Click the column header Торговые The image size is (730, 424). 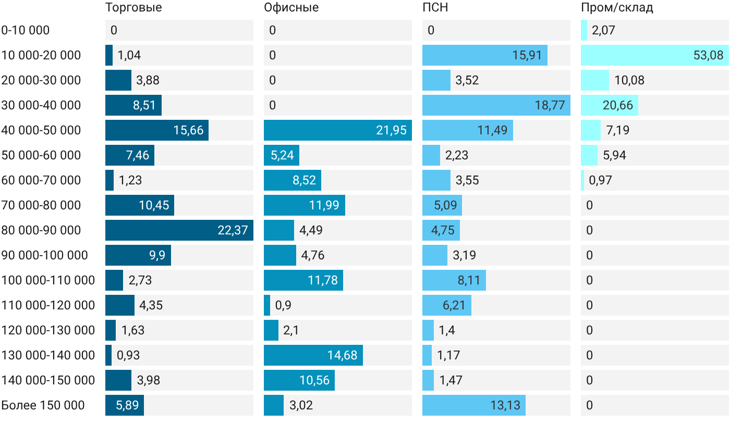(133, 7)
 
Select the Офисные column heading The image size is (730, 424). (291, 7)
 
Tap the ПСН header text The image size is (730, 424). (435, 7)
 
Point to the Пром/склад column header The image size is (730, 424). (617, 7)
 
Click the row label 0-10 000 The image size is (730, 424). (26, 30)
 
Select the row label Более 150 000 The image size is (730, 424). (43, 405)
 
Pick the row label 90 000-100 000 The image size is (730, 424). (45, 255)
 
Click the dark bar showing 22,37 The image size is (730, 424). (179, 230)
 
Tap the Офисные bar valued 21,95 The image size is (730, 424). (338, 130)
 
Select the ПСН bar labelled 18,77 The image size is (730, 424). (496, 105)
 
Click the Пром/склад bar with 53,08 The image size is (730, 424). (655, 55)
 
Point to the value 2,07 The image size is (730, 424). (604, 30)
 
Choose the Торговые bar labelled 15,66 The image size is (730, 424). (157, 130)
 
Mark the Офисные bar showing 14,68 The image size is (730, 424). (313, 355)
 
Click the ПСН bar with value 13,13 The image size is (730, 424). (474, 405)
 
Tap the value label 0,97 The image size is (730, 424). (600, 180)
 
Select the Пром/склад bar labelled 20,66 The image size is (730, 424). (610, 105)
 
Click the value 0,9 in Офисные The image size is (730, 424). (283, 305)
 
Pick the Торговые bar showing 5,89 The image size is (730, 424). (125, 405)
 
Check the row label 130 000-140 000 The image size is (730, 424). (48, 355)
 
